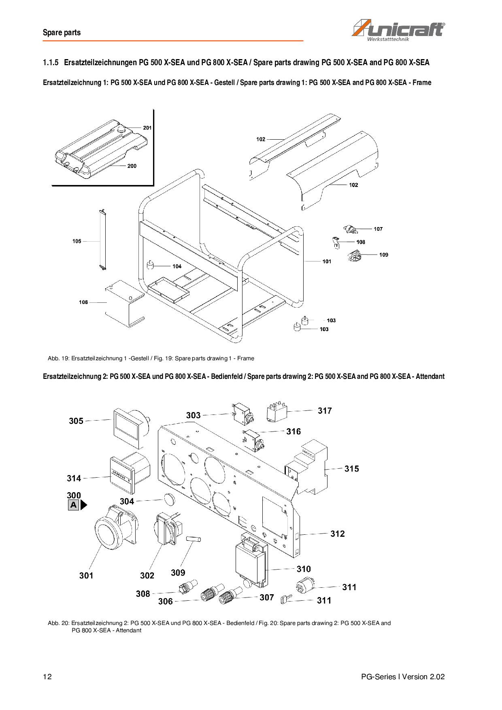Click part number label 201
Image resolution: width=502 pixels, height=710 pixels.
tap(147, 128)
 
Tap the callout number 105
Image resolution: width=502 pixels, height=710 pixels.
tap(77, 241)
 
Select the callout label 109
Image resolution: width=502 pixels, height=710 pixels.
tap(384, 255)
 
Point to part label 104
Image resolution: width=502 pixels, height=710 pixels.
tap(177, 266)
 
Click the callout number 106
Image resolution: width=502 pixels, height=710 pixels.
tap(83, 302)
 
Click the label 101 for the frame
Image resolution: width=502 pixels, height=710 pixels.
tap(327, 261)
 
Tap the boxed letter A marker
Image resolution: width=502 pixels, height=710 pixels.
tap(73, 505)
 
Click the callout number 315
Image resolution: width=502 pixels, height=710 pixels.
tap(351, 469)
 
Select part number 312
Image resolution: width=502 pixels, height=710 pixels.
tap(337, 534)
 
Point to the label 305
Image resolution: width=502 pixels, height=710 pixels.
tap(76, 421)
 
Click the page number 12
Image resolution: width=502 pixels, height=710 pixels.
tap(47, 676)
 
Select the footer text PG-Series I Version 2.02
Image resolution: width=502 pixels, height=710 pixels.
tap(403, 676)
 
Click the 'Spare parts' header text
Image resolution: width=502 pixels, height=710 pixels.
tap(62, 33)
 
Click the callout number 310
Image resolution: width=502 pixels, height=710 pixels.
tap(304, 569)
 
